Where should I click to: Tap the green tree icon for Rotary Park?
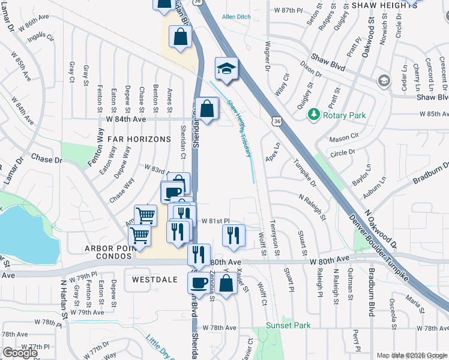pos(313,113)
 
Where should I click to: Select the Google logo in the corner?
pos(20,352)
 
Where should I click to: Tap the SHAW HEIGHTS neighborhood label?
pos(384,5)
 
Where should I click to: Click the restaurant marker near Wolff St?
pos(233,235)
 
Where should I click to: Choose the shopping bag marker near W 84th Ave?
pos(206,109)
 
